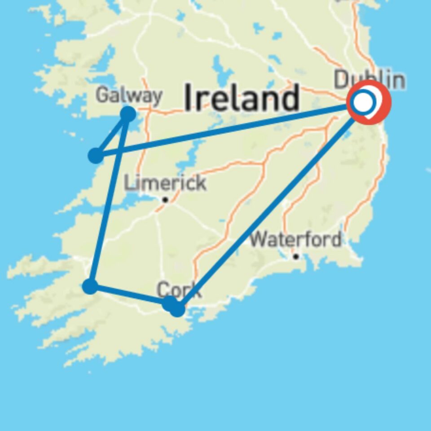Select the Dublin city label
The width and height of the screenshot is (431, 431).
pyautogui.click(x=369, y=80)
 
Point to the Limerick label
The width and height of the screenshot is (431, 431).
pyautogui.click(x=165, y=183)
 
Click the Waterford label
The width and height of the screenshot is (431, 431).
pyautogui.click(x=295, y=240)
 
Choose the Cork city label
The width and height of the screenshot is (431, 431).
pyautogui.click(x=179, y=290)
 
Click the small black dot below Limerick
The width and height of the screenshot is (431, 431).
pyautogui.click(x=165, y=199)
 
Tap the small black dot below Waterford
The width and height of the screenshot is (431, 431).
pyautogui.click(x=295, y=256)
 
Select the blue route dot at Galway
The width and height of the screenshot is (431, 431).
pyautogui.click(x=128, y=114)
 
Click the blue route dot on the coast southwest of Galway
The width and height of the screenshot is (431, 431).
pyautogui.click(x=96, y=156)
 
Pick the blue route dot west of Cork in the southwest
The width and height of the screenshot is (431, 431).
pyautogui.click(x=90, y=286)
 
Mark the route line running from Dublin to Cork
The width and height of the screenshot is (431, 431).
pyautogui.click(x=269, y=204)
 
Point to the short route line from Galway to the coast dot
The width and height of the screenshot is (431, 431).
pyautogui.click(x=112, y=135)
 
